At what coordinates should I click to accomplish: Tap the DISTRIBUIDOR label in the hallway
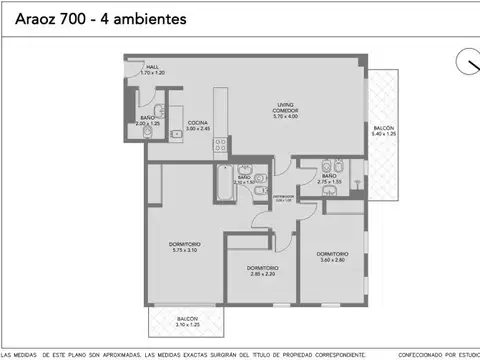[284, 197]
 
